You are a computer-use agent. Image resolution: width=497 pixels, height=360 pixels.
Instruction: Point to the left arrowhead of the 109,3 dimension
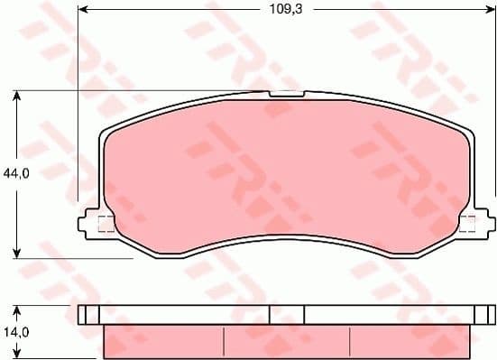(x=83, y=11)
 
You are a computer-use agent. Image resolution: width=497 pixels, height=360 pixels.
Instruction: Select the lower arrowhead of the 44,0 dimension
(x=17, y=253)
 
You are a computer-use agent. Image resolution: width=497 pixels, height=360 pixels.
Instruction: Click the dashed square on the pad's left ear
(x=105, y=225)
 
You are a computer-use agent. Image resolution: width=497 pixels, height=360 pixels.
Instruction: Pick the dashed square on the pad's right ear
(x=467, y=225)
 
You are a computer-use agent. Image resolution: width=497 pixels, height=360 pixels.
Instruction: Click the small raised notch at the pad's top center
(x=287, y=92)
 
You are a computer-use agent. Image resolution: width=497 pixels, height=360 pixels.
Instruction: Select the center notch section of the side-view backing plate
(x=287, y=314)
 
